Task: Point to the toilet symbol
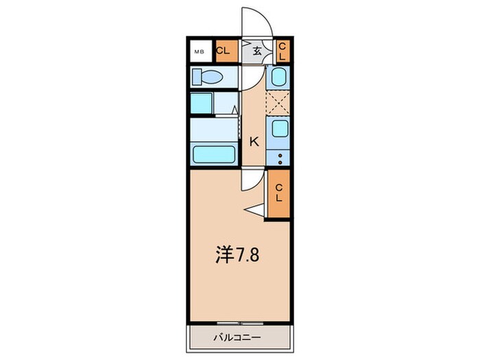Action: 206,75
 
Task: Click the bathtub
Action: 214,154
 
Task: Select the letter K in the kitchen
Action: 254,142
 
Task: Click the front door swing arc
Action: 259,21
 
